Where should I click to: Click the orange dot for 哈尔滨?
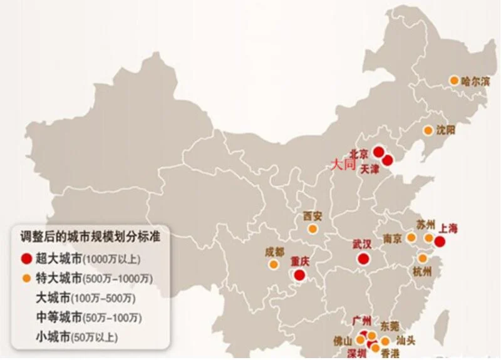tap(453, 80)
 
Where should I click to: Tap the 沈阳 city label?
tap(447, 130)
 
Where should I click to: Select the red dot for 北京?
tap(378, 151)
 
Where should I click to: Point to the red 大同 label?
tap(343, 165)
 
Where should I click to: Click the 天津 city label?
tap(370, 169)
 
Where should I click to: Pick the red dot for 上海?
tap(440, 242)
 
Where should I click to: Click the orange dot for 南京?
tap(411, 238)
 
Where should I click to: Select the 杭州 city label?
tap(422, 272)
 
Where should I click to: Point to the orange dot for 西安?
tap(312, 229)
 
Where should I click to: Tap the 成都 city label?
tap(274, 252)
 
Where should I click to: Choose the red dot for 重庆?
tap(299, 274)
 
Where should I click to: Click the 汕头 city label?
tap(406, 341)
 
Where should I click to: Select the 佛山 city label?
tap(343, 341)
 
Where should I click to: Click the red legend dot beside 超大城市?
tap(26, 257)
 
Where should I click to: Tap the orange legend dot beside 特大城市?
tap(26, 277)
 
